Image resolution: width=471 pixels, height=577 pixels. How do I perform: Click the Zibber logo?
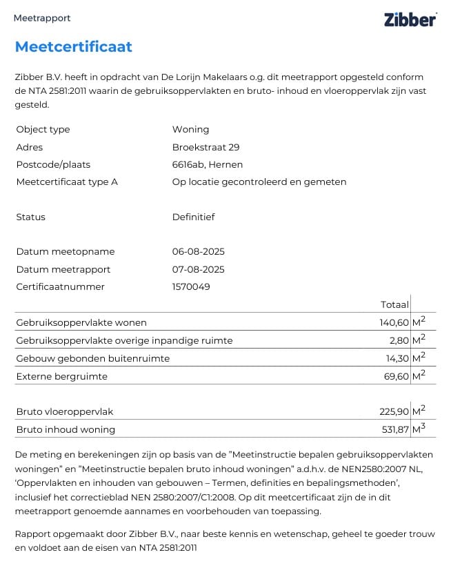point(410,19)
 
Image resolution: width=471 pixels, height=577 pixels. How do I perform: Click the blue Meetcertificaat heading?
point(73,47)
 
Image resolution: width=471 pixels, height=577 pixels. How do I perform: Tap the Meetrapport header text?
point(42,19)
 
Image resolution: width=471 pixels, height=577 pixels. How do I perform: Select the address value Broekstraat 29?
point(206,147)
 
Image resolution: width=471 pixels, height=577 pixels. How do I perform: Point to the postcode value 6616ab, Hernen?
point(207,164)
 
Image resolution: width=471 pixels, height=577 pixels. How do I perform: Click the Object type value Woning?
point(190,129)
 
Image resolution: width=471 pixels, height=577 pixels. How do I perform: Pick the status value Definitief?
point(193,217)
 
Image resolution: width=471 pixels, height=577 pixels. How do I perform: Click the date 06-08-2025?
point(198,251)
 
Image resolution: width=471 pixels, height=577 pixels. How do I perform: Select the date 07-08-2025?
point(198,269)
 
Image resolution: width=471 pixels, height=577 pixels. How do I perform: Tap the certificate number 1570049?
point(191,286)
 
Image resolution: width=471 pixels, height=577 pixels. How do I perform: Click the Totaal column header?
point(394,304)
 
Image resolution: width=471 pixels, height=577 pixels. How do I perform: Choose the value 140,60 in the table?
point(393,322)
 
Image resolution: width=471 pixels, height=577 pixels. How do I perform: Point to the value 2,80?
point(398,340)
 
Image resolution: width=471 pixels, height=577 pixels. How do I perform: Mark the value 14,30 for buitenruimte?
point(396,358)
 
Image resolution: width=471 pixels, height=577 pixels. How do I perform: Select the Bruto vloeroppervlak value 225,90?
point(393,411)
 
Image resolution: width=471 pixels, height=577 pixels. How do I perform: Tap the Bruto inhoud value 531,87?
point(394,429)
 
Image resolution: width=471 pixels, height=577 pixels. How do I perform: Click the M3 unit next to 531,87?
point(419,429)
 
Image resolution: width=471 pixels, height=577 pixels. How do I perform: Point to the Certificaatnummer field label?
point(60,286)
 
